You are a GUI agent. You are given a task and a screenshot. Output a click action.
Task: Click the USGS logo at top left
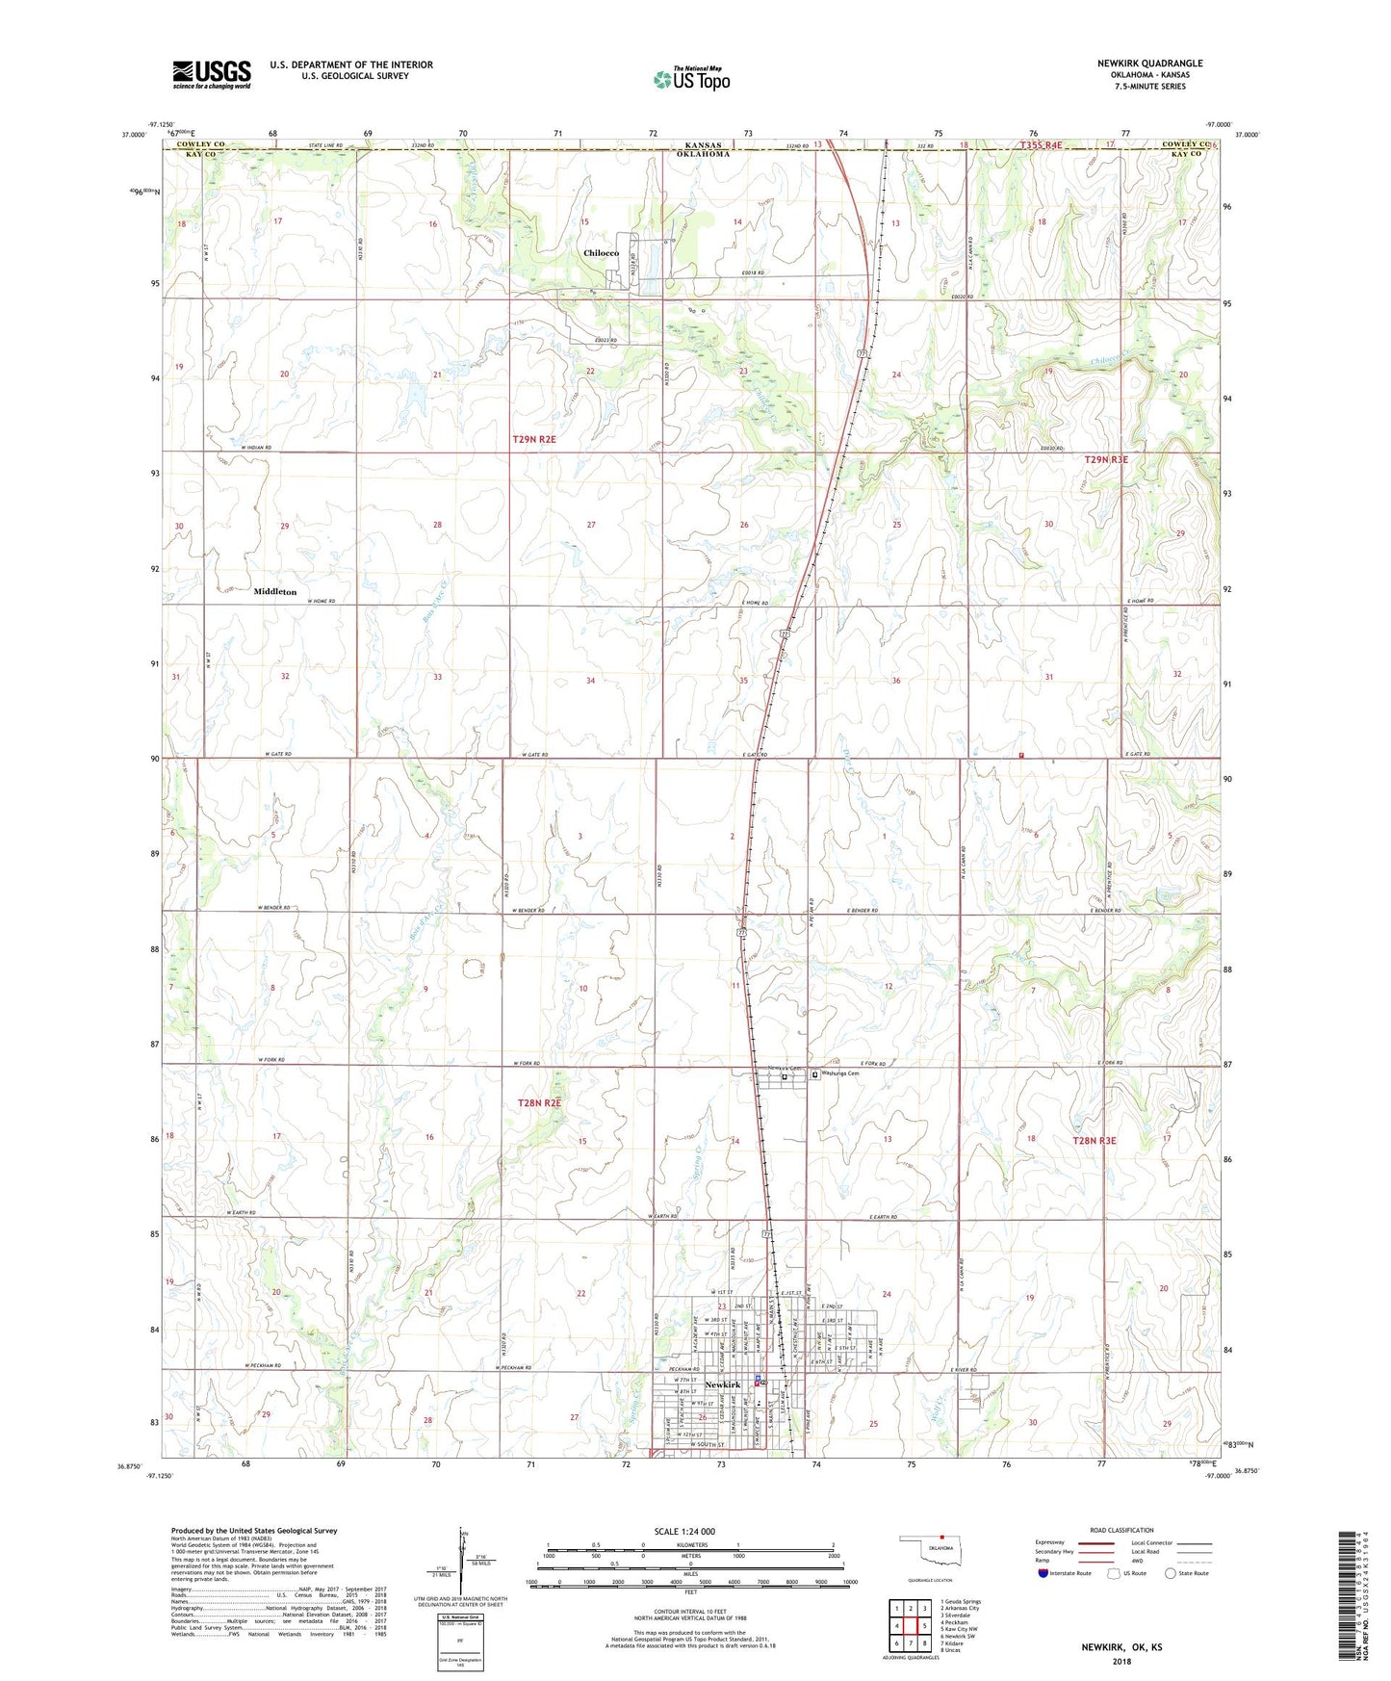coord(211,74)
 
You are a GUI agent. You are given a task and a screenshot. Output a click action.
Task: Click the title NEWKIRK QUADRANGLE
coord(1149,64)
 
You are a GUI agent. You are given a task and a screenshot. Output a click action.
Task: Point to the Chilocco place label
coord(601,253)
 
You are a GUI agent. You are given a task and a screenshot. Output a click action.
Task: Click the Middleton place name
coord(275,592)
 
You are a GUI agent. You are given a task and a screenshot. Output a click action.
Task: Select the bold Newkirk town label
coord(723,1384)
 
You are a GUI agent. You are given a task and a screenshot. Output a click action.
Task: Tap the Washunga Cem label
coord(839,1074)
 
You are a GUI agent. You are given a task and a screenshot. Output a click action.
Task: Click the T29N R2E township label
coord(534,439)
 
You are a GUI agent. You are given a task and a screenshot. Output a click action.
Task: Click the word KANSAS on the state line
coord(696,145)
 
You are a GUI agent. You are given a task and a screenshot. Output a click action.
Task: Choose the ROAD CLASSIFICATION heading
coord(1121,1530)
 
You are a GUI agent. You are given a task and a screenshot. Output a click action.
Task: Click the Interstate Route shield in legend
coord(1044,1573)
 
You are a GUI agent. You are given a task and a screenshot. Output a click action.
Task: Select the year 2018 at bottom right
coord(1121,1661)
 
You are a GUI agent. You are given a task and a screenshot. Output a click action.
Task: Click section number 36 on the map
coord(895,681)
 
